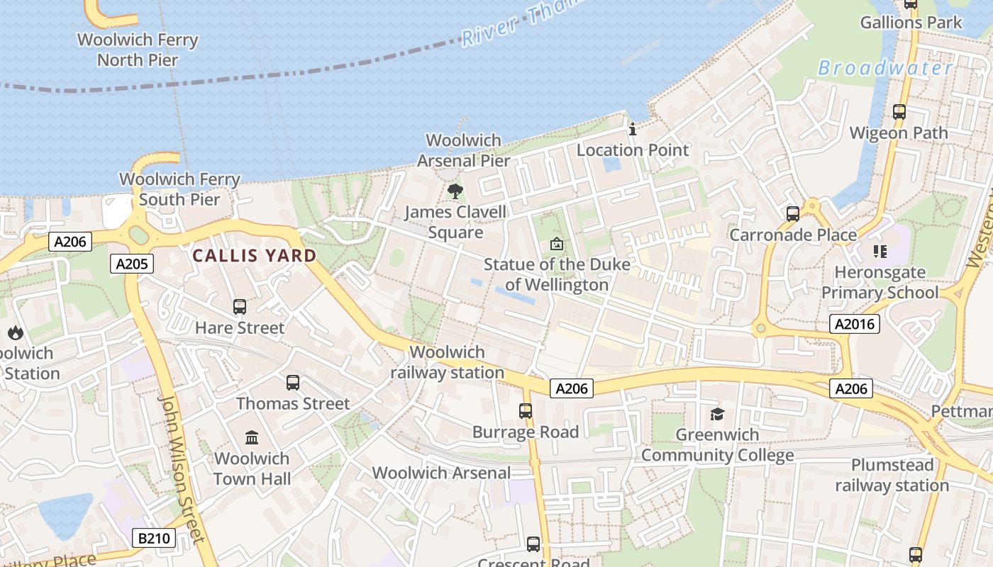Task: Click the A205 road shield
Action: click(132, 264)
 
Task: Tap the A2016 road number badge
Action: click(855, 324)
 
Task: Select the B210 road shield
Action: click(153, 538)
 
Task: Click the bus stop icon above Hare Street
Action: click(240, 307)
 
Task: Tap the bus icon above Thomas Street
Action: click(293, 383)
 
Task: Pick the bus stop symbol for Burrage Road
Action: click(526, 411)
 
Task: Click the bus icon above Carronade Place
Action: click(793, 213)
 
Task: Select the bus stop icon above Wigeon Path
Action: click(899, 112)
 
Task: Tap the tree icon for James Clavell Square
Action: click(455, 191)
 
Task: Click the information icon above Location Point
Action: click(633, 129)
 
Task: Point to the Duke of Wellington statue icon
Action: click(557, 244)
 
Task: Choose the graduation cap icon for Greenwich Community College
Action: click(717, 414)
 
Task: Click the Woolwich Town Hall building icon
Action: click(252, 437)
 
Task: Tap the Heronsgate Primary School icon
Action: click(880, 252)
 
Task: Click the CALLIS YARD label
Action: click(255, 256)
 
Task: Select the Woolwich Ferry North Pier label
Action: click(138, 50)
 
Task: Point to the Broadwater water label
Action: click(885, 68)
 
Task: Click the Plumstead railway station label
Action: click(892, 476)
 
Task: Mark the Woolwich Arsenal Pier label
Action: click(463, 150)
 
